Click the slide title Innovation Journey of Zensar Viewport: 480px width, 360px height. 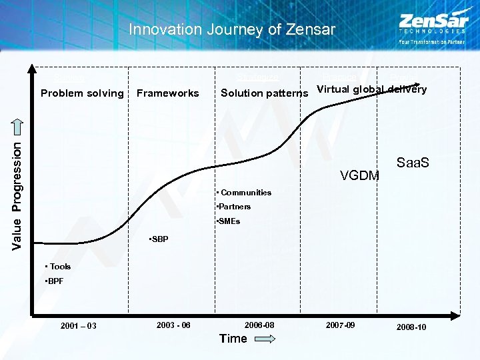231,29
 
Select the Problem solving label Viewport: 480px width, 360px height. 82,93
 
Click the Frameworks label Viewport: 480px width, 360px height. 167,93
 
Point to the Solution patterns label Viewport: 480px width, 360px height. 265,93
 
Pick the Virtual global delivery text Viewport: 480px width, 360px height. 371,90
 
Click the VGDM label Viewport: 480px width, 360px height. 359,175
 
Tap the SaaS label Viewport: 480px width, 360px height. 413,163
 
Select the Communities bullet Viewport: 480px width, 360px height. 244,193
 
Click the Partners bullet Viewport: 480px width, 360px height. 233,207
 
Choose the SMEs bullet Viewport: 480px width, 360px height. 228,221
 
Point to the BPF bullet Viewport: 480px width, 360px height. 54,281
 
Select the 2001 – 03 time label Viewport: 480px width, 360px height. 78,326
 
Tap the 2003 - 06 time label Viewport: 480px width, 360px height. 173,325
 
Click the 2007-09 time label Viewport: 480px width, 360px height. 340,325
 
